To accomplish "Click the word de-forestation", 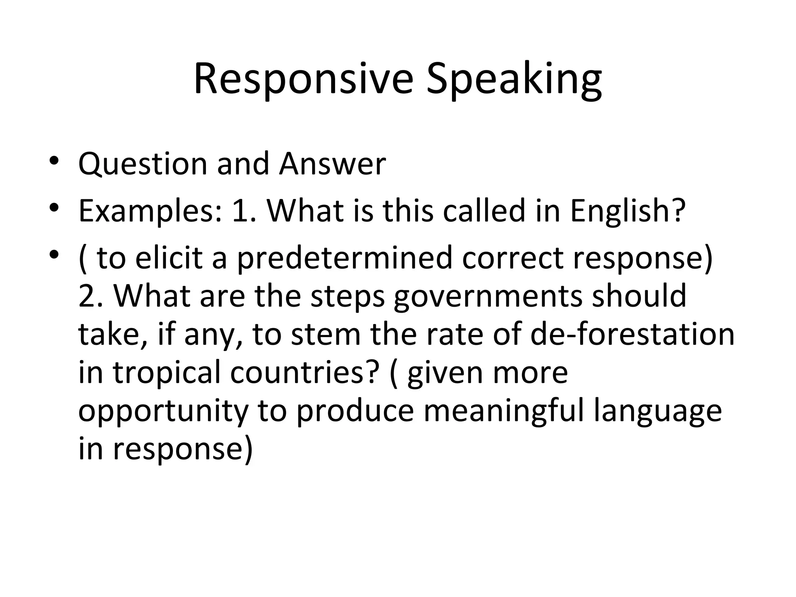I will click(x=632, y=335).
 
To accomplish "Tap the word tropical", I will click(x=167, y=373).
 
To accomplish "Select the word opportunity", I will click(x=163, y=412).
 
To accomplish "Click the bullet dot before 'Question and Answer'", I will click(x=54, y=161).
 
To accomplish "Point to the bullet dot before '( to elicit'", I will click(x=54, y=255).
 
